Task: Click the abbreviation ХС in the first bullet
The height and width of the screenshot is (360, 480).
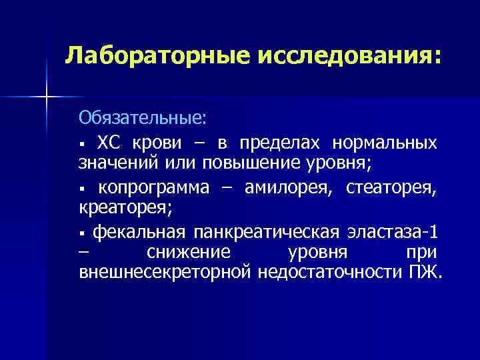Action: [111, 143]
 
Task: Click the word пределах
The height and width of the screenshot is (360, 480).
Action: [275, 143]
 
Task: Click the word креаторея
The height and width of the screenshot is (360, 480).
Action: [125, 207]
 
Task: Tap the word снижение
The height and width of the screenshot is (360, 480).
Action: [189, 253]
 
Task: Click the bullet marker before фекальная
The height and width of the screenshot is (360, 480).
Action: [82, 234]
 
